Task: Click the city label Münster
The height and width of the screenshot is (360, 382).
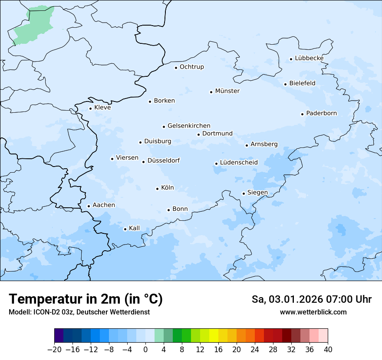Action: tap(227, 91)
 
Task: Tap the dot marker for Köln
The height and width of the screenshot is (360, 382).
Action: tap(157, 189)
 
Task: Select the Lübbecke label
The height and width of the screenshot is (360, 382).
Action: tap(309, 58)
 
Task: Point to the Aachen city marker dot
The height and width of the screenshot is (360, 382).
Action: tap(89, 206)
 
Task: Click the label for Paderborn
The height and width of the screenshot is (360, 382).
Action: tap(321, 113)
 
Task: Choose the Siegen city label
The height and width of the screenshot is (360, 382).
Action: tap(257, 193)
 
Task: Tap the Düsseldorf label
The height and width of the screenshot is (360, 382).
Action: tap(164, 160)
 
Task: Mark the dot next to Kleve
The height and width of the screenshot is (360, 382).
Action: tap(90, 108)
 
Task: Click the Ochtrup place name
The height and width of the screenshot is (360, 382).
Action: tap(191, 67)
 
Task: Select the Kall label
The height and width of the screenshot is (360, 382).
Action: tap(134, 228)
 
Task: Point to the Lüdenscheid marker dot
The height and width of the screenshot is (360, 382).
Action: tap(216, 164)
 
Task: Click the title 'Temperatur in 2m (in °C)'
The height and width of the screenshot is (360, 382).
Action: tap(86, 299)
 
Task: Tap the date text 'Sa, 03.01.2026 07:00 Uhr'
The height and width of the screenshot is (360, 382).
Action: tap(311, 299)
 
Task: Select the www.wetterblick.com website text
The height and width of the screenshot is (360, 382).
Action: tap(313, 312)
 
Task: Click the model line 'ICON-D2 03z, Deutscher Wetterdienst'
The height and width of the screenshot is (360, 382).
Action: tap(79, 312)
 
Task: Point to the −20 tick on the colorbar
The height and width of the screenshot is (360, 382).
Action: tap(54, 350)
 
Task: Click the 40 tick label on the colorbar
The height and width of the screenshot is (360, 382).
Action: tap(328, 350)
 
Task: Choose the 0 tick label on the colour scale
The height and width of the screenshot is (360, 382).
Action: tap(145, 350)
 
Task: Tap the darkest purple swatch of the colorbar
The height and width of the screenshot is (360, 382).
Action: tap(59, 336)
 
